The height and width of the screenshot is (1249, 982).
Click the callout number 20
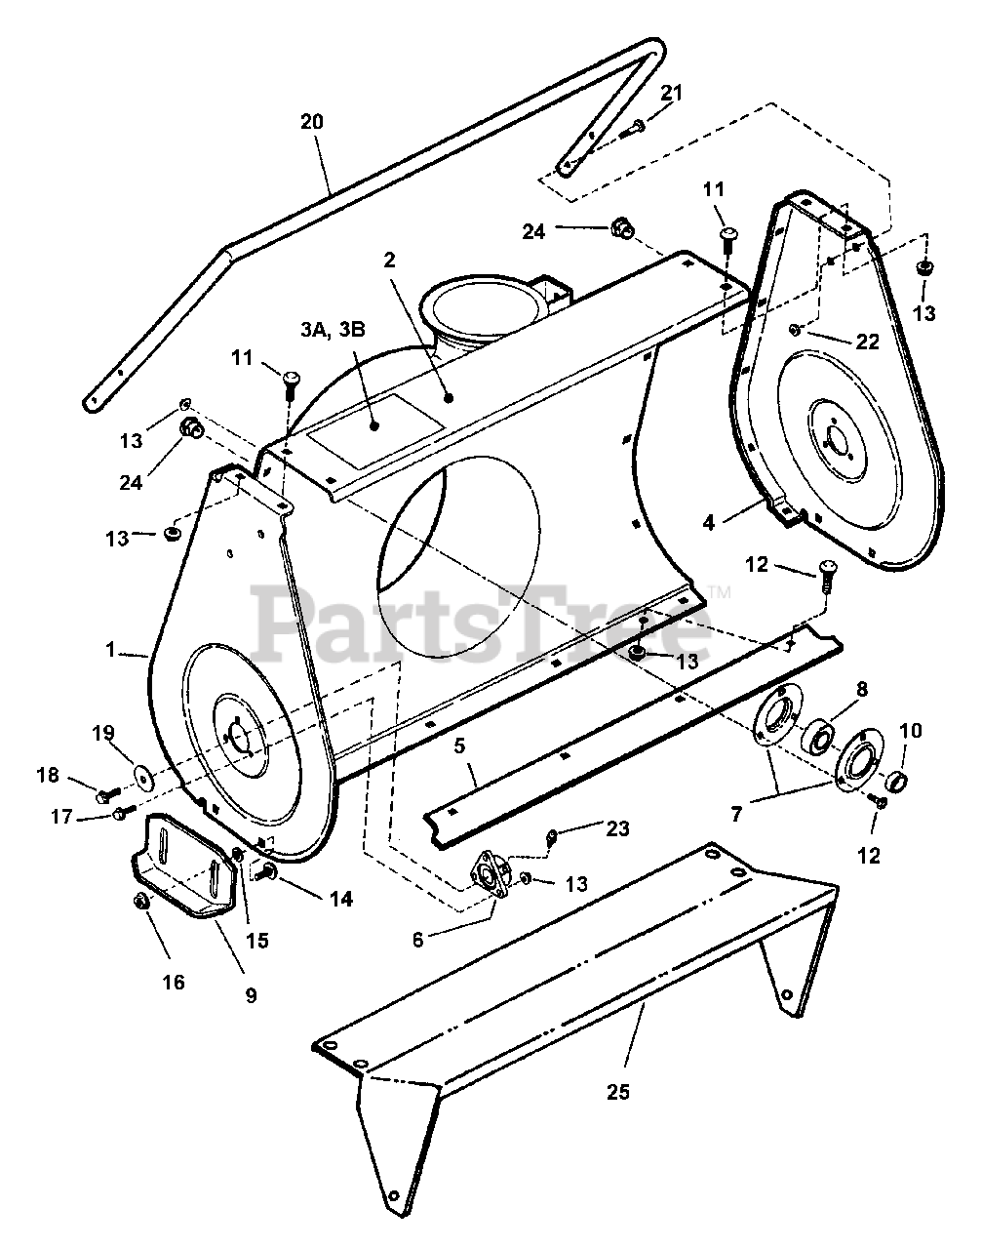click(312, 122)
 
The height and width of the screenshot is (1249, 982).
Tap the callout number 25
click(617, 1091)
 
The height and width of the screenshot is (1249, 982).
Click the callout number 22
click(867, 342)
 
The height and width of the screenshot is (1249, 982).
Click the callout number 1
click(111, 648)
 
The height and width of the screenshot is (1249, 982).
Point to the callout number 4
click(709, 523)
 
